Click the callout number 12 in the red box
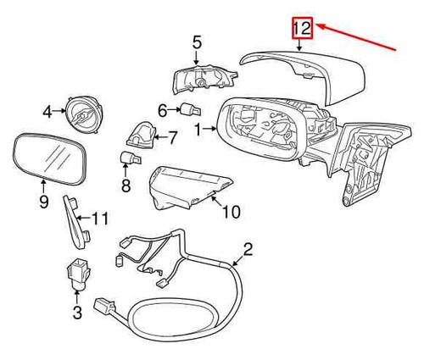302,28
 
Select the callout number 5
197,43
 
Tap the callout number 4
47,112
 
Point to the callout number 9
44,202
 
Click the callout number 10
232,212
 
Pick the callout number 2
248,249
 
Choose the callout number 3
77,313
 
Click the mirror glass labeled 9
50,158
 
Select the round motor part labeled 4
83,114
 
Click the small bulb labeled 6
191,109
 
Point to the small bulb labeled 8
131,158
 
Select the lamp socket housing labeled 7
142,135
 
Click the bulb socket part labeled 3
78,274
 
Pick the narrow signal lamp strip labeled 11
76,222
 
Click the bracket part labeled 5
204,79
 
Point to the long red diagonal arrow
356,37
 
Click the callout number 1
198,130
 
